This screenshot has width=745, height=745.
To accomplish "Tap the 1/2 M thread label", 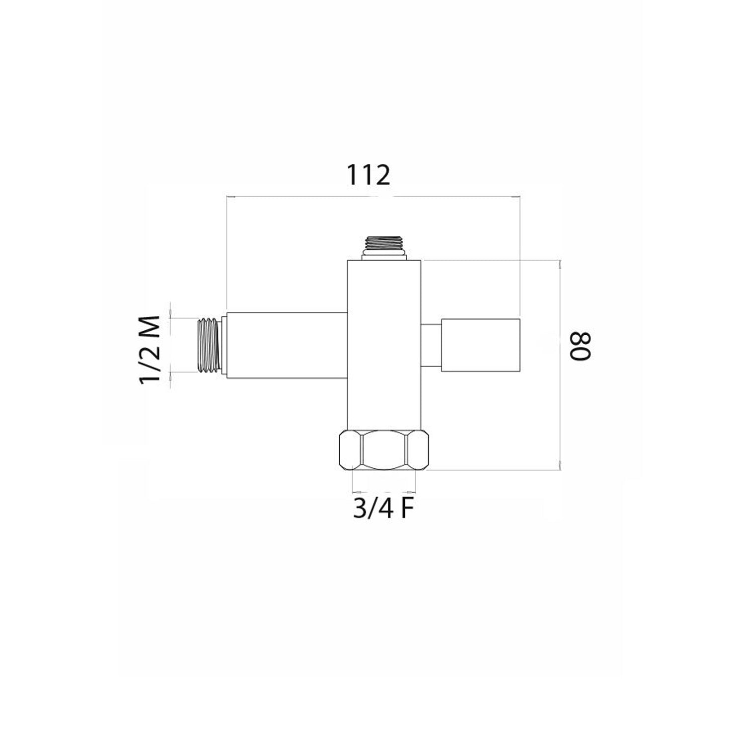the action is [x=150, y=349].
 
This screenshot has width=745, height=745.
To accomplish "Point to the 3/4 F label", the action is [x=383, y=509].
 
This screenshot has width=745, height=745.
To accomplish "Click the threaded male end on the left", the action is [x=210, y=345].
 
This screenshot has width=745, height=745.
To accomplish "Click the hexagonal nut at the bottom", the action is [x=383, y=450].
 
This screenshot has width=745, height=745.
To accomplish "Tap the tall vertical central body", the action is [x=383, y=344].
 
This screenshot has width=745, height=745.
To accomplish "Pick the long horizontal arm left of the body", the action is [x=286, y=345].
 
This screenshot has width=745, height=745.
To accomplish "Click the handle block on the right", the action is [x=480, y=345].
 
